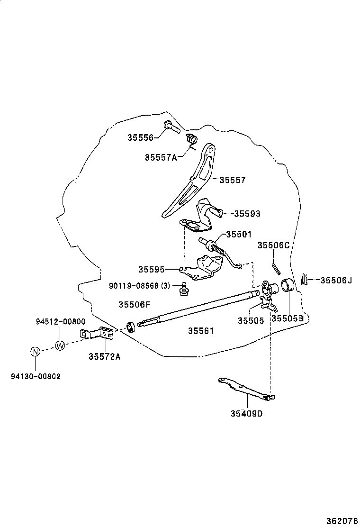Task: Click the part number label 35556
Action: tap(140, 138)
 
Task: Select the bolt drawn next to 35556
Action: tap(171, 127)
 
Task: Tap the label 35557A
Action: tap(161, 157)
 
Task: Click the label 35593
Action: tap(247, 214)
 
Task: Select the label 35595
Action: tap(151, 269)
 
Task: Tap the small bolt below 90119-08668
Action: tap(183, 289)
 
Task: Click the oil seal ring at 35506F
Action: tap(130, 327)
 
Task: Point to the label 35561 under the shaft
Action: tap(200, 331)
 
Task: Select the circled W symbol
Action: tap(60, 345)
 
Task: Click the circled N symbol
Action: tap(35, 352)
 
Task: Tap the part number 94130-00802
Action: tap(36, 377)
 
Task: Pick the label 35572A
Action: tap(104, 357)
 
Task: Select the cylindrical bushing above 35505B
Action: tap(289, 287)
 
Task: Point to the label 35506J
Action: tap(336, 280)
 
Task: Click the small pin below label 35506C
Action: tap(276, 267)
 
